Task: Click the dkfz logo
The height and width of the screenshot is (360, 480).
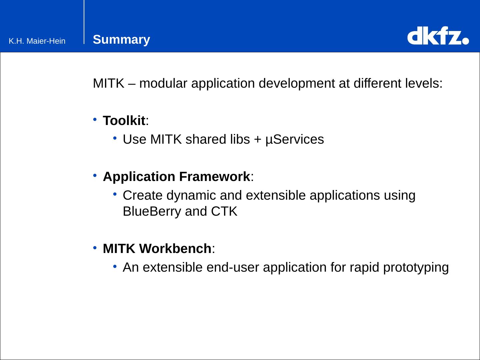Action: click(438, 36)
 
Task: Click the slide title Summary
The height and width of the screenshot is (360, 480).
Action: click(121, 40)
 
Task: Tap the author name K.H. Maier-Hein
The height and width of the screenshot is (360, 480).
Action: click(37, 41)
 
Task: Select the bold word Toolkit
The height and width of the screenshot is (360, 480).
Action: click(124, 120)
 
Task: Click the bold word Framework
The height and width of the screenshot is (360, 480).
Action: click(215, 176)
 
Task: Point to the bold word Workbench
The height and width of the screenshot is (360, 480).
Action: click(175, 249)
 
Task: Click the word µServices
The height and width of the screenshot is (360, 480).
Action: click(295, 140)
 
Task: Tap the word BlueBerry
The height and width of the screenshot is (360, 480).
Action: click(152, 212)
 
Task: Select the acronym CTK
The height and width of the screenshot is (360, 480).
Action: click(224, 211)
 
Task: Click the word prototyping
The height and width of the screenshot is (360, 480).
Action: click(416, 268)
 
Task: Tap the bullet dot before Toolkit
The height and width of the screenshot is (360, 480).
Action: click(95, 119)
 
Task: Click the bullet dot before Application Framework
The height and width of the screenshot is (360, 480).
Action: click(95, 175)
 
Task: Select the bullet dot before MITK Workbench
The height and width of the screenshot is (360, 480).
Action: click(95, 248)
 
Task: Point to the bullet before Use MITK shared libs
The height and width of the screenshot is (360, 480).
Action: click(115, 138)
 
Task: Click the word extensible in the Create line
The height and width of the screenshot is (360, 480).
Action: click(276, 195)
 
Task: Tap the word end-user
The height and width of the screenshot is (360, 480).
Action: click(233, 267)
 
